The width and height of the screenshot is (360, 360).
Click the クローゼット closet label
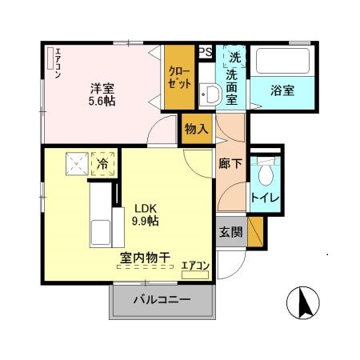178,78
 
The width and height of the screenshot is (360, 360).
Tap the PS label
205,53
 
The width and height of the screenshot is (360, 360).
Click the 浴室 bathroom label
282,90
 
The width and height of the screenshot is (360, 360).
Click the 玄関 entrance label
230,232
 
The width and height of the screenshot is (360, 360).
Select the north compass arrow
303,303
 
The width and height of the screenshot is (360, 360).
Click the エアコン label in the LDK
195,265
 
